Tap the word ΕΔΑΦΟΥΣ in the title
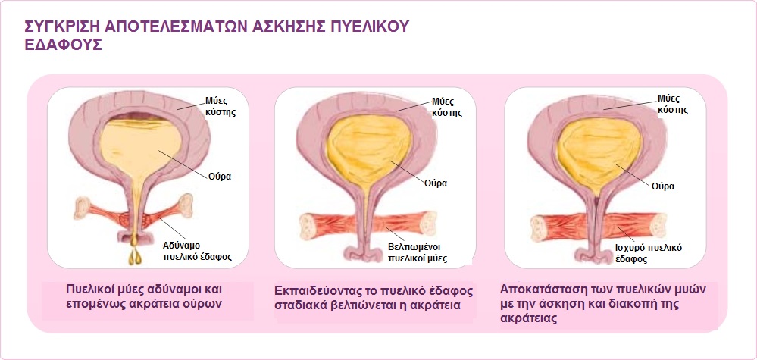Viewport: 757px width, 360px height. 63,45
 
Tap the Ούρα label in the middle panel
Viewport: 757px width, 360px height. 436,183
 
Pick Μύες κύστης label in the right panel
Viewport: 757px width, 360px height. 671,105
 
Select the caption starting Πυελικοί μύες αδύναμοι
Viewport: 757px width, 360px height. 143,297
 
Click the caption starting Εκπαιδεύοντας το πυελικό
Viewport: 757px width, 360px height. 374,298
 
